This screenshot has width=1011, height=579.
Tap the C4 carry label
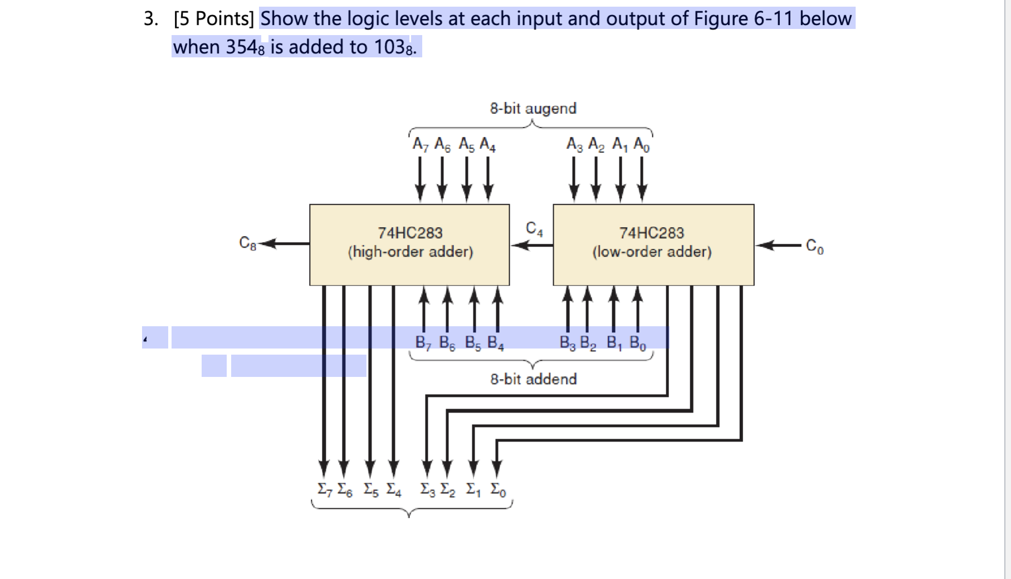pyautogui.click(x=534, y=229)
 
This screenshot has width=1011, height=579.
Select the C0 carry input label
pyautogui.click(x=814, y=246)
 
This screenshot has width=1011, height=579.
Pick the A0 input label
pyautogui.click(x=642, y=145)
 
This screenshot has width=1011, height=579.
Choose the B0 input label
pyautogui.click(x=638, y=342)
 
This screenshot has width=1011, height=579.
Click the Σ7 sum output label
pyautogui.click(x=323, y=489)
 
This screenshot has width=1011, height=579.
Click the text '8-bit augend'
pyautogui.click(x=533, y=108)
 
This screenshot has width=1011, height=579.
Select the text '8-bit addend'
pyautogui.click(x=533, y=379)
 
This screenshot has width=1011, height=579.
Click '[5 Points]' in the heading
pyautogui.click(x=214, y=19)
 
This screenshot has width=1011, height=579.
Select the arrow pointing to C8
pyautogui.click(x=285, y=243)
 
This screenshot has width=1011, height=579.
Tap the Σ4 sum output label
pyautogui.click(x=394, y=489)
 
